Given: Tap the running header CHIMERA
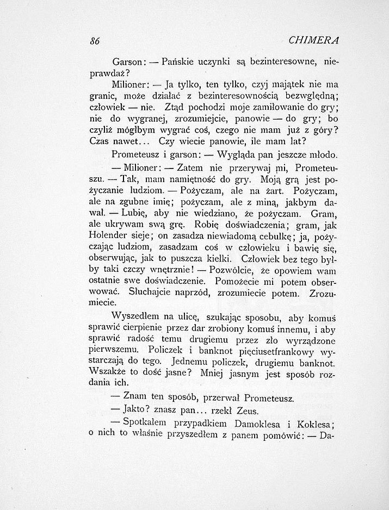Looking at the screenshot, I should [x=314, y=41].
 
